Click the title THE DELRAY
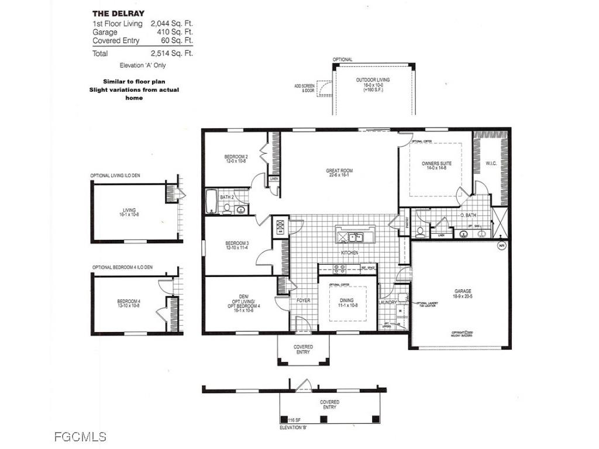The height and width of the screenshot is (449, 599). click(x=119, y=13)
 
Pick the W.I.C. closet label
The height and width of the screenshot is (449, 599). click(x=491, y=164)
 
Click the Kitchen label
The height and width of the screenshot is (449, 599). click(x=350, y=253)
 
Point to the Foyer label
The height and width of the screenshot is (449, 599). click(x=303, y=301)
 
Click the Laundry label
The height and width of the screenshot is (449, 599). click(x=388, y=302)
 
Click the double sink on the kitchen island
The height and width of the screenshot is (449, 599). click(x=354, y=237)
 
